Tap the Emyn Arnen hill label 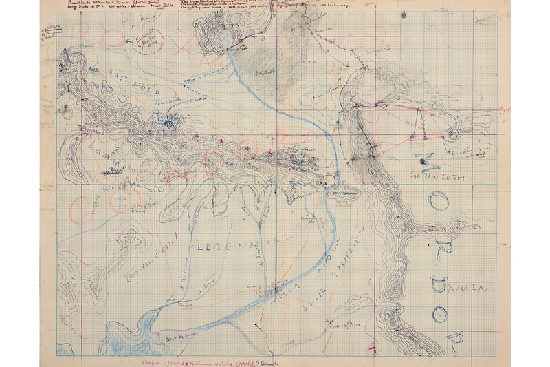click(x=342, y=196)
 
